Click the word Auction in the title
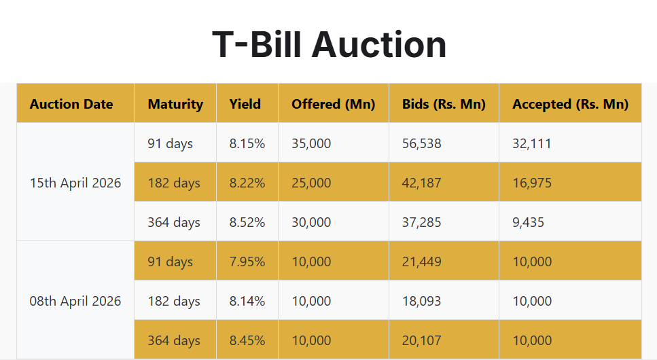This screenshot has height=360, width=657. click(378, 44)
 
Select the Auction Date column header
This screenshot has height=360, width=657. click(71, 104)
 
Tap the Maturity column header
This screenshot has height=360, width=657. click(175, 104)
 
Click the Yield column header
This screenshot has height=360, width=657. click(245, 104)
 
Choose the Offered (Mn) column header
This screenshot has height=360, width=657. click(333, 104)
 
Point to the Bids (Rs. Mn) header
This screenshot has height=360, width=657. click(444, 104)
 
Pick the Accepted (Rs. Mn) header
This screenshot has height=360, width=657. click(570, 104)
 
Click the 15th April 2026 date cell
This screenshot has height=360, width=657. click(75, 183)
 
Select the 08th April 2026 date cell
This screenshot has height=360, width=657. click(75, 301)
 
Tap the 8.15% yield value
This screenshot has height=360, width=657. click(247, 143)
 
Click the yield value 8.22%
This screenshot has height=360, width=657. click(247, 183)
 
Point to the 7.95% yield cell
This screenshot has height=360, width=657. click(247, 262)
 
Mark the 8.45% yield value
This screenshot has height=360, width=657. click(247, 340)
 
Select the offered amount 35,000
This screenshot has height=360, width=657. click(311, 143)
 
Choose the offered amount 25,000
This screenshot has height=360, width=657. click(311, 183)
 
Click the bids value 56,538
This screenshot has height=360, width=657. click(421, 143)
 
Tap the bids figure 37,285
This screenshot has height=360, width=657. click(421, 222)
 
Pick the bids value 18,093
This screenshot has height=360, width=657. click(421, 301)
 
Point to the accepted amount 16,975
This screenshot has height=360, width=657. click(532, 183)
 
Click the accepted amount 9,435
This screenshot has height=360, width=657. click(528, 222)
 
